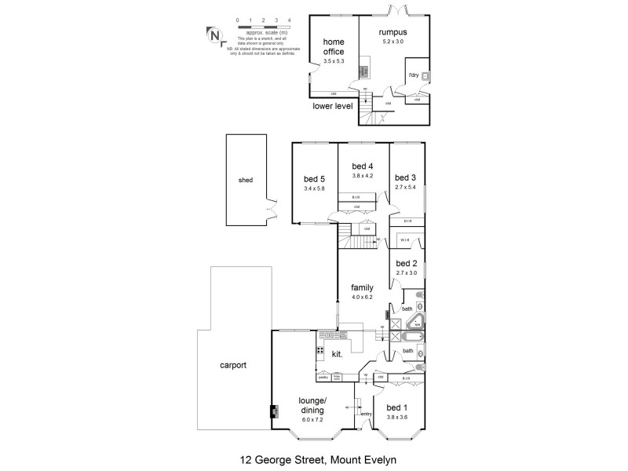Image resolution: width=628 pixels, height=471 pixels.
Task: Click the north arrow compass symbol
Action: click(x=213, y=34)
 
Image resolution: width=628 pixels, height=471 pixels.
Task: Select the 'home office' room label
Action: click(x=334, y=47)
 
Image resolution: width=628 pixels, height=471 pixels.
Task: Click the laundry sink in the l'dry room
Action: click(x=424, y=76)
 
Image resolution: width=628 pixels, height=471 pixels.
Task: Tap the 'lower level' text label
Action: click(x=333, y=105)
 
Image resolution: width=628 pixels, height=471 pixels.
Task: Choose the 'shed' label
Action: click(x=246, y=180)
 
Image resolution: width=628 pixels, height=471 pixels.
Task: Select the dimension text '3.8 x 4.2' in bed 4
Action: click(x=362, y=176)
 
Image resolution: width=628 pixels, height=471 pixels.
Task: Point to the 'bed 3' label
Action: click(x=405, y=177)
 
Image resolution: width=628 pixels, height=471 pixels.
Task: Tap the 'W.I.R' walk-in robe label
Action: click(x=405, y=240)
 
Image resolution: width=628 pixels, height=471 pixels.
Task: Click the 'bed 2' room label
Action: click(x=407, y=263)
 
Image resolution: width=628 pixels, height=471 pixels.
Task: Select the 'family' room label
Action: click(x=362, y=287)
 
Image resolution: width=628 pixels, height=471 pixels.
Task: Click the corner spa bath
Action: click(x=418, y=321)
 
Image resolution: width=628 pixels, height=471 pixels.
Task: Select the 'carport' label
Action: click(x=233, y=365)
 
